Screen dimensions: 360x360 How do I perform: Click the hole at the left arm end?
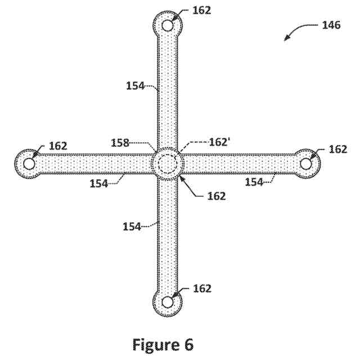(29, 163)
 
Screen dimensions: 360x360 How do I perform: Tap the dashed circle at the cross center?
(168, 164)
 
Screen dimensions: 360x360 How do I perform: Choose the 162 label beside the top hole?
(201, 10)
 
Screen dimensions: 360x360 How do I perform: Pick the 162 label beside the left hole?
(58, 146)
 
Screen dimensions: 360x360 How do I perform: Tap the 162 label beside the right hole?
(337, 149)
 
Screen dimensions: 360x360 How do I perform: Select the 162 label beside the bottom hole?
(201, 289)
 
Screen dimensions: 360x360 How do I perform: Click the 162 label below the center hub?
(216, 196)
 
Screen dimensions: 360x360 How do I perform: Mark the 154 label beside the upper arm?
(134, 85)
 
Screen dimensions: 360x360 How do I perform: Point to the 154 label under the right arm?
(253, 181)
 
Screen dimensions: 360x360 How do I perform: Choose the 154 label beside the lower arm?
(132, 226)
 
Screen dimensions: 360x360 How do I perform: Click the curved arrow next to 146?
(298, 32)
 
